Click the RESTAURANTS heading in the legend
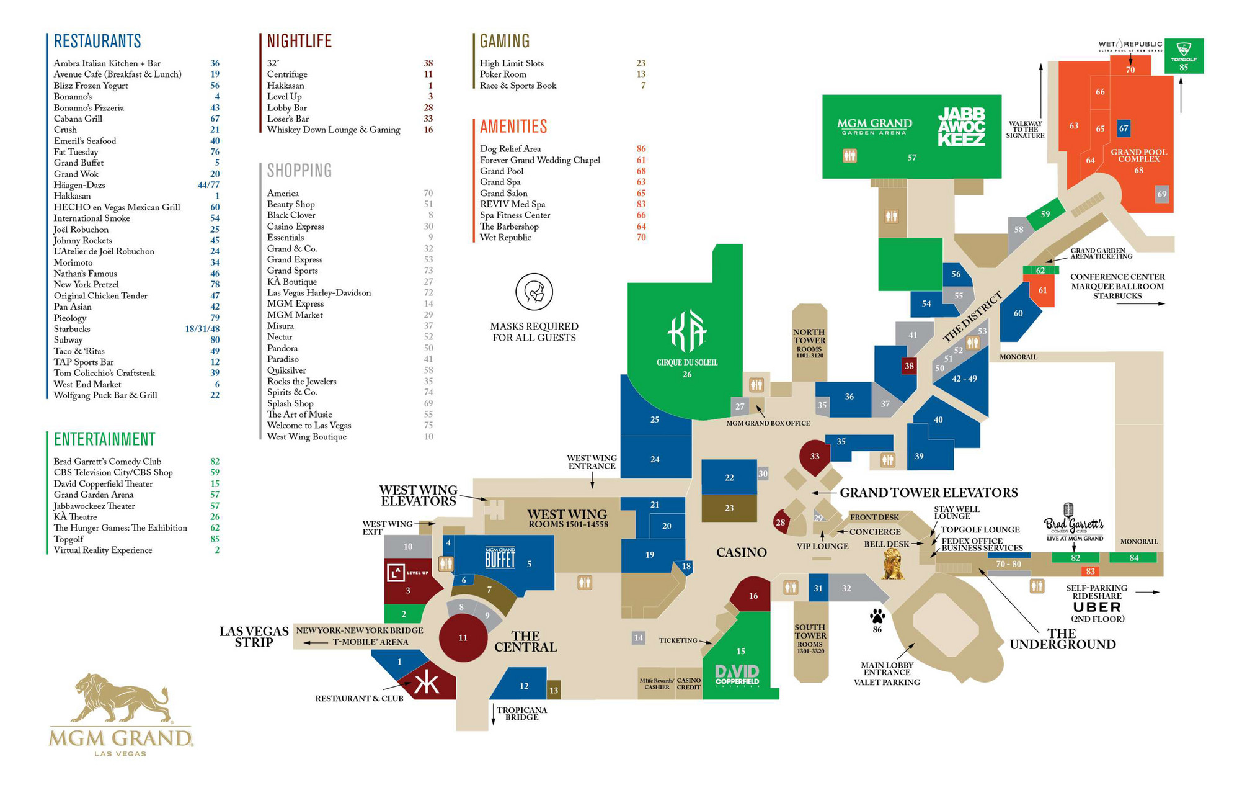pos(97,41)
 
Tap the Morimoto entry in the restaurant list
pos(73,262)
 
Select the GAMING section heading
pos(504,41)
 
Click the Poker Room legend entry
pos(503,74)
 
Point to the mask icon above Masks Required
pos(534,292)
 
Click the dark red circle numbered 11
pos(463,637)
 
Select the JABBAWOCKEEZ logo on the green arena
pos(961,127)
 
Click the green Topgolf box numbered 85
pos(1184,56)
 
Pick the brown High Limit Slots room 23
pos(729,508)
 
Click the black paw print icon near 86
pos(877,616)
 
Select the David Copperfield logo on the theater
pos(737,675)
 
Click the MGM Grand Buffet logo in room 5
pos(500,558)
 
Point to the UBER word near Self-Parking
pos(1097,607)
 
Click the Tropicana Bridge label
pos(521,714)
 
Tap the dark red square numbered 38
pos(909,366)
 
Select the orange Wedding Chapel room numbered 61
pos(1042,290)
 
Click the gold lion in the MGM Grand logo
pos(121,698)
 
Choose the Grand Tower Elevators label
pos(928,493)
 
